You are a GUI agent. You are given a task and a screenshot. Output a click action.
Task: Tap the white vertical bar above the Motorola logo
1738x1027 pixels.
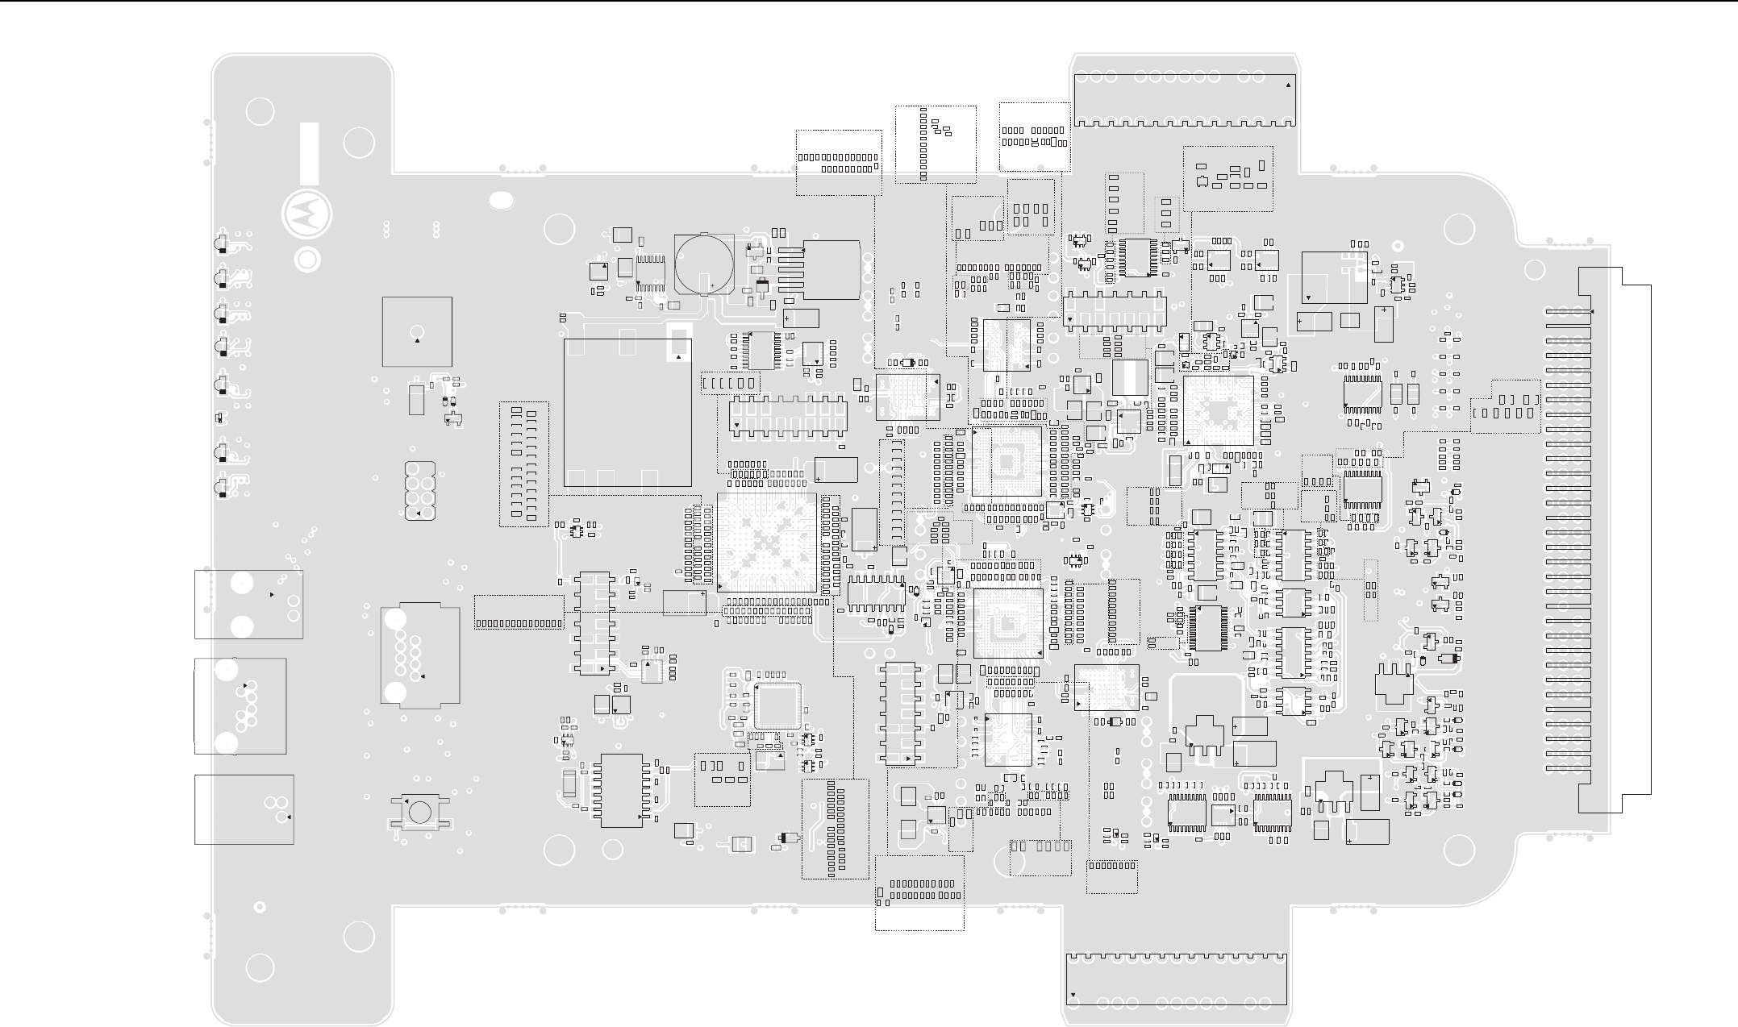(309, 153)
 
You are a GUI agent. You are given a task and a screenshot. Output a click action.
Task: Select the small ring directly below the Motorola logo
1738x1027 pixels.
(306, 260)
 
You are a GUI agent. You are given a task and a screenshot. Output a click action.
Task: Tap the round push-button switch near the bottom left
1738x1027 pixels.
(419, 811)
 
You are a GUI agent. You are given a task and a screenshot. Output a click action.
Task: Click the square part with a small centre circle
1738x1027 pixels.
(417, 331)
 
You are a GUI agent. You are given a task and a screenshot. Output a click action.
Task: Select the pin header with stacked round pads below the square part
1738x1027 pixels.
(419, 490)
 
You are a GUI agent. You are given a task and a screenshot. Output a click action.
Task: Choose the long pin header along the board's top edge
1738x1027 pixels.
(1183, 99)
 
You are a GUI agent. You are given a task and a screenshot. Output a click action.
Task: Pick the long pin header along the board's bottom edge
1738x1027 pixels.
(1176, 979)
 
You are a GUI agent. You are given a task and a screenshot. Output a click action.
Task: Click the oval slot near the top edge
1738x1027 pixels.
(501, 201)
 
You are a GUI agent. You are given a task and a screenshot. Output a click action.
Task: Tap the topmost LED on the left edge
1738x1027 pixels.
(221, 244)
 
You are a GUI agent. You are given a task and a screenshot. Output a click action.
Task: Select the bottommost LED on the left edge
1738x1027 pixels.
(221, 488)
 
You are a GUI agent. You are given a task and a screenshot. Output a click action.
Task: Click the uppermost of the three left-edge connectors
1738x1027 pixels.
(248, 605)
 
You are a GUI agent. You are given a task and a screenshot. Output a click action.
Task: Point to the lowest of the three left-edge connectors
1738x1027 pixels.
(244, 809)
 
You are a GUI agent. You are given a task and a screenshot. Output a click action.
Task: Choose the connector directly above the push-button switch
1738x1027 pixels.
(419, 655)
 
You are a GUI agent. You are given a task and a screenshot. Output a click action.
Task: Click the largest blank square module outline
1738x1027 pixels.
(627, 412)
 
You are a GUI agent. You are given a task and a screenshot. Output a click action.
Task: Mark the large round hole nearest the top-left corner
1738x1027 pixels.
(260, 111)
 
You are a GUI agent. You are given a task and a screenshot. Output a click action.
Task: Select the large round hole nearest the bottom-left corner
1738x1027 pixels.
(260, 968)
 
